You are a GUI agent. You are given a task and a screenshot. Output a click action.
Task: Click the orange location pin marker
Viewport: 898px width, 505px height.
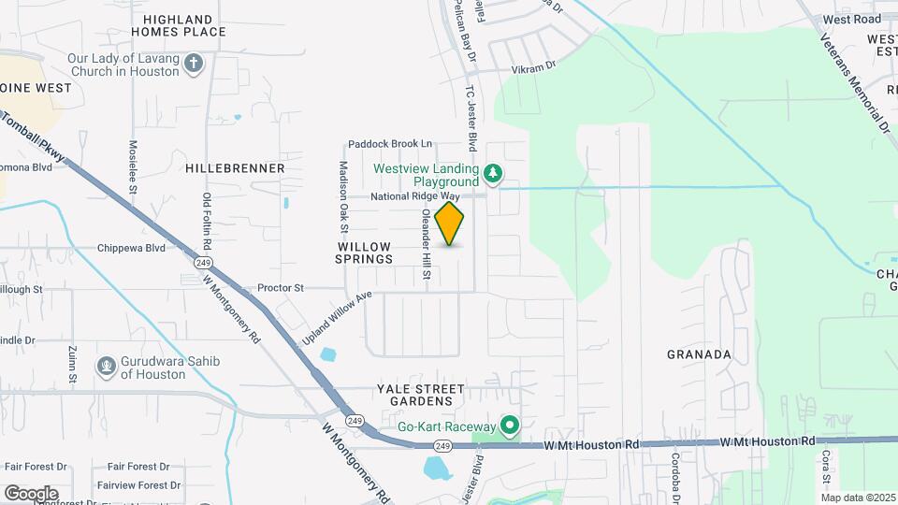450,224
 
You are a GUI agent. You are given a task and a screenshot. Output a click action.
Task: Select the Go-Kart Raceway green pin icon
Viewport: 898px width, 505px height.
510,426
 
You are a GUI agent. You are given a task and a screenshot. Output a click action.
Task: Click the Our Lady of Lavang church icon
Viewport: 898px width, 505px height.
194,64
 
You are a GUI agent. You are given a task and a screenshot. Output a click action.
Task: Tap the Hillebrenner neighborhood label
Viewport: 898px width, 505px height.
235,168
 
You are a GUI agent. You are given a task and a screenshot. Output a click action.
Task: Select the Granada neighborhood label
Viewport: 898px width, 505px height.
699,354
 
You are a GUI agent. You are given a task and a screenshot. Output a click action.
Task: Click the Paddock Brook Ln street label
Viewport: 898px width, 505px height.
390,144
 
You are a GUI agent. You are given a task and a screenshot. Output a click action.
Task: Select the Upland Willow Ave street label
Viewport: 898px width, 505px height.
337,319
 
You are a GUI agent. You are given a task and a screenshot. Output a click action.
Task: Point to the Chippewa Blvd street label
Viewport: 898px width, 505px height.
131,248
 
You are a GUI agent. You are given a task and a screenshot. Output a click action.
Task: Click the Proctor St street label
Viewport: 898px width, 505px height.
281,288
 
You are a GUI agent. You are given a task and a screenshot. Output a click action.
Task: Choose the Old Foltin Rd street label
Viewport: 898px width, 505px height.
207,222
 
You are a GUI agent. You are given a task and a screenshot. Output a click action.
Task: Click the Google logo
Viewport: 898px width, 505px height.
31,493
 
